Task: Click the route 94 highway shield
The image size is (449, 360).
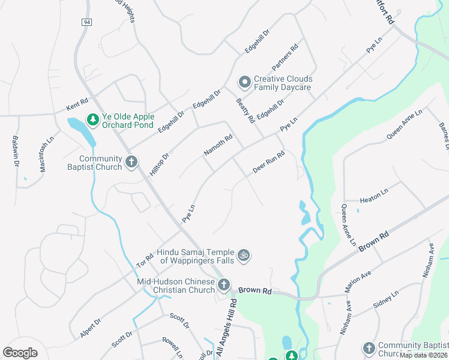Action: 86,22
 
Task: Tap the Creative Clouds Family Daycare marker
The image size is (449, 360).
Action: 244,81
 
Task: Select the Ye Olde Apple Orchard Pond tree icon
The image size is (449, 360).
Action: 93,119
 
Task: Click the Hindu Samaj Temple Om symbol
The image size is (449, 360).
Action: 244,256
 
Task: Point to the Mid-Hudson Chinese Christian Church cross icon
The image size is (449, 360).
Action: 224,284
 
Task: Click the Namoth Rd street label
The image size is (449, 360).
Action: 218,146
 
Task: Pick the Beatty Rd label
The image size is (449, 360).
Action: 245,111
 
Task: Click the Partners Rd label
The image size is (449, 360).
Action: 285,58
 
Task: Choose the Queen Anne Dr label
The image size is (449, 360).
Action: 405,125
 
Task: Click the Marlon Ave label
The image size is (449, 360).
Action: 359,280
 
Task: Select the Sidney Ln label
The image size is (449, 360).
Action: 385,300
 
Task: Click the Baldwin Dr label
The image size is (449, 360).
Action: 16,151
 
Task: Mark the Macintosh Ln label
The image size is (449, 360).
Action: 43,158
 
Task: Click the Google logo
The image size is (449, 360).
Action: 20,353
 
